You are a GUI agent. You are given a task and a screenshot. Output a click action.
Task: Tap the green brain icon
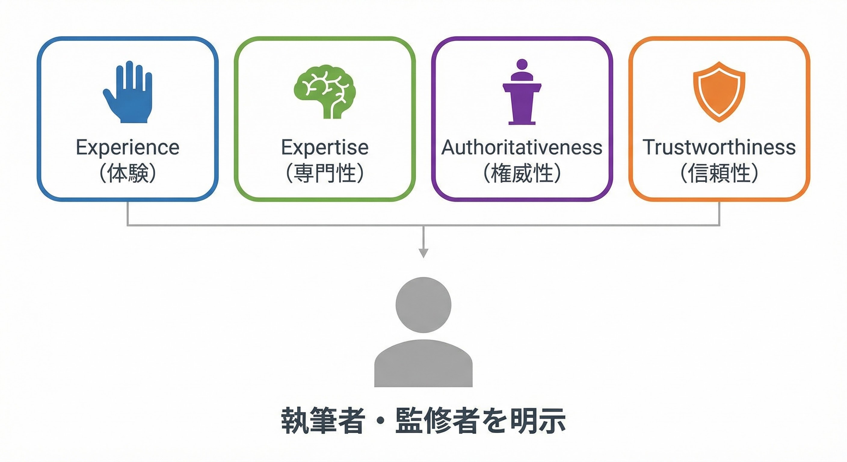click(x=325, y=91)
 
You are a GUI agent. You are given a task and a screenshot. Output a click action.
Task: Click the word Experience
click(x=128, y=147)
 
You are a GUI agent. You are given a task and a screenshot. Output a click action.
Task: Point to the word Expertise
click(x=325, y=147)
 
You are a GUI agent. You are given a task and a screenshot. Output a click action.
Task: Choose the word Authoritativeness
click(x=522, y=147)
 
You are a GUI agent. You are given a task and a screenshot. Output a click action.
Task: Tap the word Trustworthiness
click(x=719, y=147)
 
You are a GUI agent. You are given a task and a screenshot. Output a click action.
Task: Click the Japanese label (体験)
click(x=128, y=173)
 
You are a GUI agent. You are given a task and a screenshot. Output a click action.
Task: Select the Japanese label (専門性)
click(x=325, y=173)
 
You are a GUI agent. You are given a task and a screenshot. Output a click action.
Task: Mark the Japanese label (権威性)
click(x=522, y=173)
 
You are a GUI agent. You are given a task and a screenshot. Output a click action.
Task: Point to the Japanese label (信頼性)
click(x=719, y=173)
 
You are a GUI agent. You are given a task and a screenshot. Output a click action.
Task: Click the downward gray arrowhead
click(x=423, y=253)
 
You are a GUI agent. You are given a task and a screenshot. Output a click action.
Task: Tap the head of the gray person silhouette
click(x=423, y=305)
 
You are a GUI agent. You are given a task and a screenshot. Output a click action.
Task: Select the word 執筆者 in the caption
click(x=323, y=420)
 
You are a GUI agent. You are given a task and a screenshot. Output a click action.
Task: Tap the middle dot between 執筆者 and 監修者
click(x=380, y=420)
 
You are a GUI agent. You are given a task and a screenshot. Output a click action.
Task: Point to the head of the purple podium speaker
click(x=522, y=64)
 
